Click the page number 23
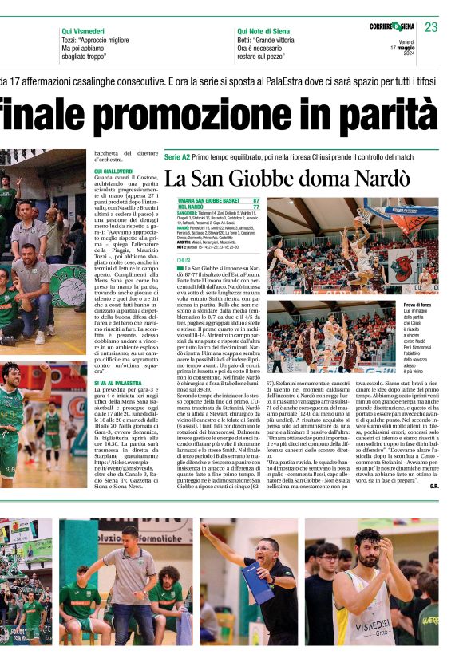tap(431, 27)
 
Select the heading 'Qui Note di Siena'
tap(263, 30)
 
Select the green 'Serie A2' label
tap(177, 156)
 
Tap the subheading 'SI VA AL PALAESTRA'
tap(118, 384)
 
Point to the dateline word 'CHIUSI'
tap(184, 260)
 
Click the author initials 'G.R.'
tap(433, 485)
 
